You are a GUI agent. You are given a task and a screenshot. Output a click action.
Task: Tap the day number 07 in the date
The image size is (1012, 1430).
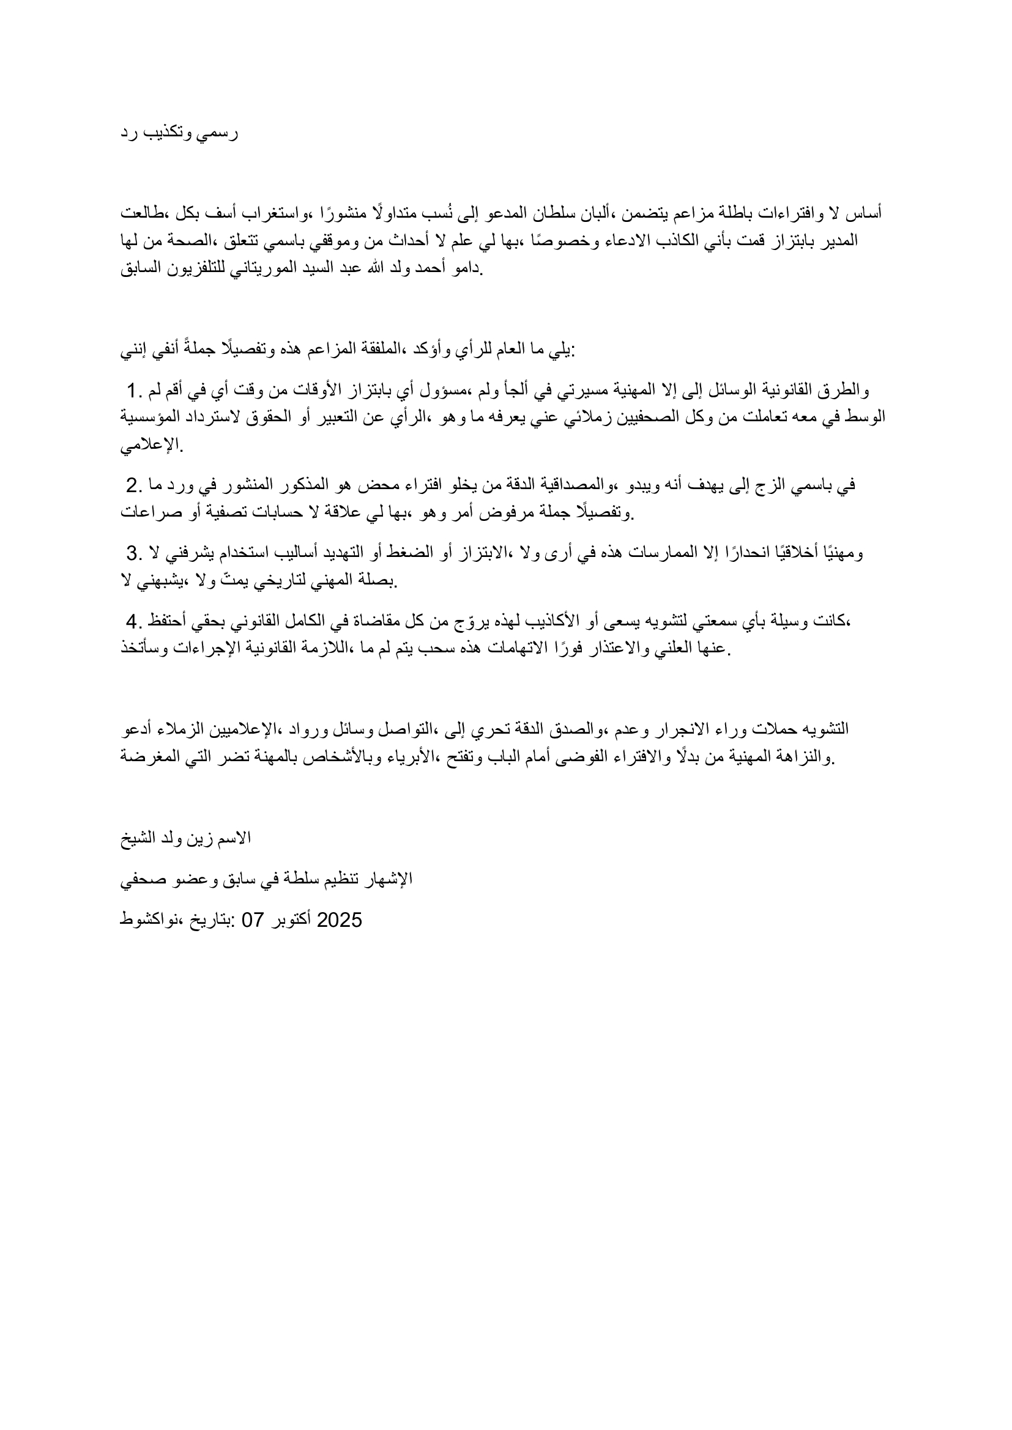tap(254, 921)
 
